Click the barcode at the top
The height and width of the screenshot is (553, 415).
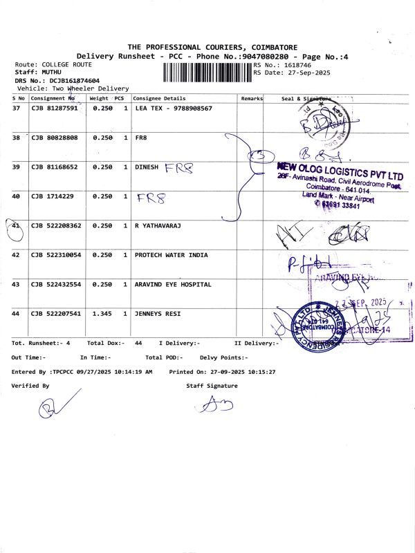207,72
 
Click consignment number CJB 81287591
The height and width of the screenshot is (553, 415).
55,109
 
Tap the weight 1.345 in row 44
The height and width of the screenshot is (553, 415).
102,314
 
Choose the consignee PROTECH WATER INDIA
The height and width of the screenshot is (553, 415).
171,255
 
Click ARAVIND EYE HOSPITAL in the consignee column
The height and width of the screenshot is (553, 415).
172,284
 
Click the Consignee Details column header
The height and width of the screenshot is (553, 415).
159,98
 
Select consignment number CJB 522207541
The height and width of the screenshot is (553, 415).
56,314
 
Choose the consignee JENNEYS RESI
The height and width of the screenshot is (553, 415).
158,314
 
